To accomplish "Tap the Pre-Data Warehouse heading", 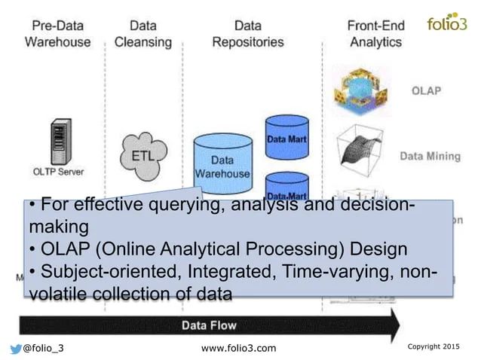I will (57, 33).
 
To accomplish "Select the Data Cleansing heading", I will (143, 33).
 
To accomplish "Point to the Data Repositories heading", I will (247, 33).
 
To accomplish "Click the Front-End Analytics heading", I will (375, 33).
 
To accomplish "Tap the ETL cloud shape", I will (143, 155).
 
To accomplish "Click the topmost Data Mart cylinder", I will (286, 139).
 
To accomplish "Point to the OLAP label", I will (425, 91).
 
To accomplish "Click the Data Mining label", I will (429, 157).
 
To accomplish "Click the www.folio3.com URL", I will (240, 347).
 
